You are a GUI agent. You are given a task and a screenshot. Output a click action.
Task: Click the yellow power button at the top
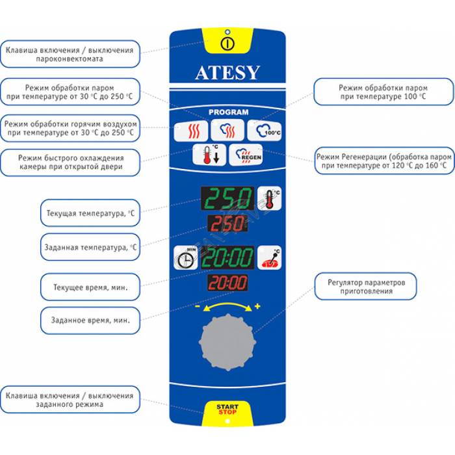pyautogui.click(x=226, y=44)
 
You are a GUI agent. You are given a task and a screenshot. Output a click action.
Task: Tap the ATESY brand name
pyautogui.click(x=227, y=73)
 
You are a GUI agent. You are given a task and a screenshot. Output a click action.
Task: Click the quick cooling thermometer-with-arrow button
pyautogui.click(x=209, y=157)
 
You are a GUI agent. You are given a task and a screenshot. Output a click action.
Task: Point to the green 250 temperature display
pyautogui.click(x=227, y=198)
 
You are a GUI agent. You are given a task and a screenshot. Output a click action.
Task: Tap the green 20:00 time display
pyautogui.click(x=227, y=258)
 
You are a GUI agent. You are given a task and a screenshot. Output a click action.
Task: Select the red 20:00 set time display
pyautogui.click(x=227, y=283)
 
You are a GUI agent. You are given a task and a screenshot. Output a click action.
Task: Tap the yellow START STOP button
pyautogui.click(x=227, y=409)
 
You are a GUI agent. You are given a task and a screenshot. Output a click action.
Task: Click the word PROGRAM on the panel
pyautogui.click(x=228, y=112)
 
